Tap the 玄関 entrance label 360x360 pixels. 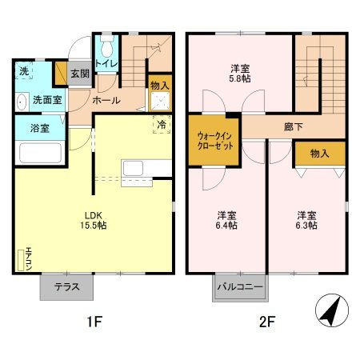pos(79,74)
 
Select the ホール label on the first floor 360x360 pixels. pos(106,101)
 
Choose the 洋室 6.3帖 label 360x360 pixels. pos(307,220)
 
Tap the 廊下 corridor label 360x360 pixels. pos(293,125)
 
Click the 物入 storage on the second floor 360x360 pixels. pos(319,153)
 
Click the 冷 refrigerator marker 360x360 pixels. pos(160,125)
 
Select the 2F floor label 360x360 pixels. pos(266,323)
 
